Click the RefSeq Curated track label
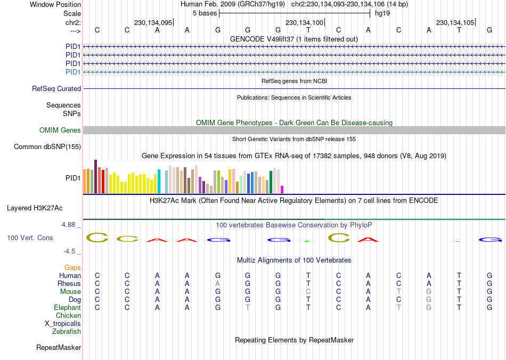56,89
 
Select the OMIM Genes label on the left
60,130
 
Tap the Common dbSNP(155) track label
47,147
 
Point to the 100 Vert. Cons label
30,238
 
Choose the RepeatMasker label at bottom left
59,348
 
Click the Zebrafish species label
67,332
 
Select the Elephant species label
67,308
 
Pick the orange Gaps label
72,268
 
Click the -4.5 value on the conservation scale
70,251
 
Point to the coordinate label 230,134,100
304,23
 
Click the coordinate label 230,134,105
455,23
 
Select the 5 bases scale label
204,12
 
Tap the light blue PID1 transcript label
73,72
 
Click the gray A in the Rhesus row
217,284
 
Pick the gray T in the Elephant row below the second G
248,308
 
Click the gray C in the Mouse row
308,292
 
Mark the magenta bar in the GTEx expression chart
282,190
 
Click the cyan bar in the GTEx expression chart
159,182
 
